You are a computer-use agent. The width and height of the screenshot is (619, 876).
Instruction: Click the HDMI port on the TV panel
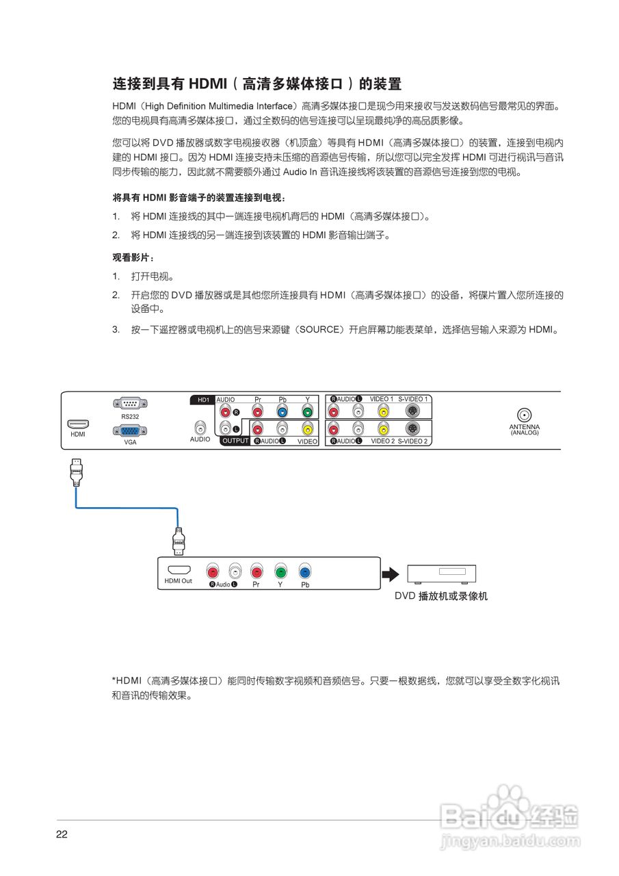pyautogui.click(x=78, y=424)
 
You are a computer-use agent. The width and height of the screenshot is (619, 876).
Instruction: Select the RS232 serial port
pyautogui.click(x=131, y=404)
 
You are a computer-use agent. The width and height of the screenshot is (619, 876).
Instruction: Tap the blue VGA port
pyautogui.click(x=131, y=431)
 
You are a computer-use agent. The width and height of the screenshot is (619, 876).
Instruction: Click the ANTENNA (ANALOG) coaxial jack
pyautogui.click(x=524, y=415)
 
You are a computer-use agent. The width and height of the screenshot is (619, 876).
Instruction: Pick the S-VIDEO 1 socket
pyautogui.click(x=412, y=412)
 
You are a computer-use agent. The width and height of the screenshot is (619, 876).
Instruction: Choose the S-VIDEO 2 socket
pyautogui.click(x=412, y=429)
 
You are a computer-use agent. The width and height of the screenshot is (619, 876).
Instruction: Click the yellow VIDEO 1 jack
pyautogui.click(x=384, y=412)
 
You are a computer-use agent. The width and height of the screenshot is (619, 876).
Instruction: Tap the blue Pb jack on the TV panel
pyautogui.click(x=282, y=412)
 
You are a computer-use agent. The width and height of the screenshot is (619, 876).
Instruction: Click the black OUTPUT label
pyautogui.click(x=235, y=441)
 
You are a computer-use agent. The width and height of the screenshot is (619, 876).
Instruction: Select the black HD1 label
pyautogui.click(x=202, y=399)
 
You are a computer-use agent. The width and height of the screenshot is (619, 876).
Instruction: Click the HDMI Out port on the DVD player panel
pyautogui.click(x=179, y=570)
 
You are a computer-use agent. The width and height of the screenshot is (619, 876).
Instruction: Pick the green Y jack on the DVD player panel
pyautogui.click(x=280, y=571)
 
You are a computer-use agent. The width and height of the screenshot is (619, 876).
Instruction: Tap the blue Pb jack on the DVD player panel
pyautogui.click(x=305, y=571)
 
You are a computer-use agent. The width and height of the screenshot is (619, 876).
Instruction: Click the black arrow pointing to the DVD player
pyautogui.click(x=390, y=573)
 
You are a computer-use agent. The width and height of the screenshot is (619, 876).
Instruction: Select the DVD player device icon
pyautogui.click(x=441, y=573)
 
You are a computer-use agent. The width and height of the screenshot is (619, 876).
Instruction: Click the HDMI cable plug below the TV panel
pyautogui.click(x=77, y=472)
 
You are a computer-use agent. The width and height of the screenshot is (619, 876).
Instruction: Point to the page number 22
pyautogui.click(x=62, y=835)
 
